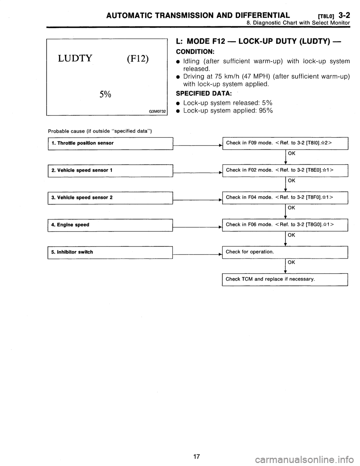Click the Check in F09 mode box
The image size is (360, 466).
click(285, 143)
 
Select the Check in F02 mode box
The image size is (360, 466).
click(285, 170)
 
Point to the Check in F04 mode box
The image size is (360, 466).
click(285, 197)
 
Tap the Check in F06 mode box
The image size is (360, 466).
click(285, 225)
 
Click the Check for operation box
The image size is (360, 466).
click(285, 252)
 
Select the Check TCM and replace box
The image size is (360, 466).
click(285, 280)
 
